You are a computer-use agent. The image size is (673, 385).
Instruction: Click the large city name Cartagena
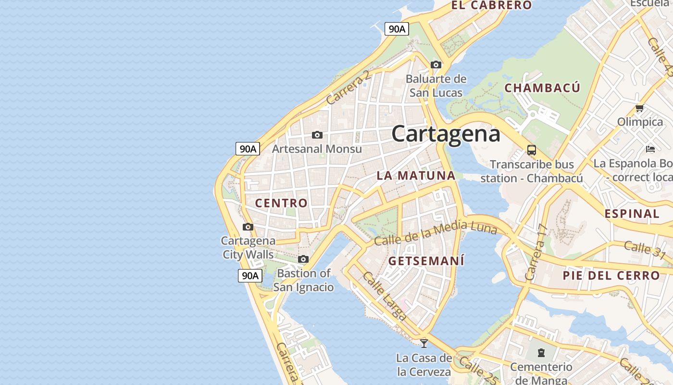click(446, 133)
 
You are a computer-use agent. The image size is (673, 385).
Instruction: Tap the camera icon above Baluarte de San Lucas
click(436, 64)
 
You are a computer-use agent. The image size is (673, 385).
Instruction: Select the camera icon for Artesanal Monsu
click(317, 135)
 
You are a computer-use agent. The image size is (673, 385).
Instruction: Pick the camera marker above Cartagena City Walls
click(248, 227)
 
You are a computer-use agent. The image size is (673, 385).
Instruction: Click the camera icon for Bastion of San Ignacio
click(303, 259)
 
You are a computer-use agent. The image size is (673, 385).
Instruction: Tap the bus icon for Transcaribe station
click(531, 150)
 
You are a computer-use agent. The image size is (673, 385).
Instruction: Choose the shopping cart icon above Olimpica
click(639, 108)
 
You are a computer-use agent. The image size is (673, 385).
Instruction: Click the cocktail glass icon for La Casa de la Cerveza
click(424, 343)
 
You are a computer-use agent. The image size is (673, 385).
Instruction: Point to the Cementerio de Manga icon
click(541, 353)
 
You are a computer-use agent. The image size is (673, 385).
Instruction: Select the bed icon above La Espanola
click(650, 149)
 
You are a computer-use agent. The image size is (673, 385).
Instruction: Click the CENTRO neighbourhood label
click(281, 203)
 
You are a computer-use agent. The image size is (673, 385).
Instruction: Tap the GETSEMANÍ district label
click(426, 261)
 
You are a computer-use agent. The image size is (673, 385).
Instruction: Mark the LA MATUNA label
click(416, 176)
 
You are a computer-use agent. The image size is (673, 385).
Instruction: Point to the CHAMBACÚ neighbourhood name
click(542, 88)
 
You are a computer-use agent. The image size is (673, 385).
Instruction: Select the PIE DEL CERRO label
click(611, 276)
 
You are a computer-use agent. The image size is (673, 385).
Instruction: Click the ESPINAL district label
click(632, 214)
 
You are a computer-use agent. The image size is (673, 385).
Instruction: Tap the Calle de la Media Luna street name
click(436, 233)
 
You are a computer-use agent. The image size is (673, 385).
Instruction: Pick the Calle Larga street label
click(385, 296)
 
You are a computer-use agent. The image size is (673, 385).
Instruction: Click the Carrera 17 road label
click(536, 253)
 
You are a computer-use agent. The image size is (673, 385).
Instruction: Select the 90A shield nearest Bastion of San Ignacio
click(250, 276)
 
